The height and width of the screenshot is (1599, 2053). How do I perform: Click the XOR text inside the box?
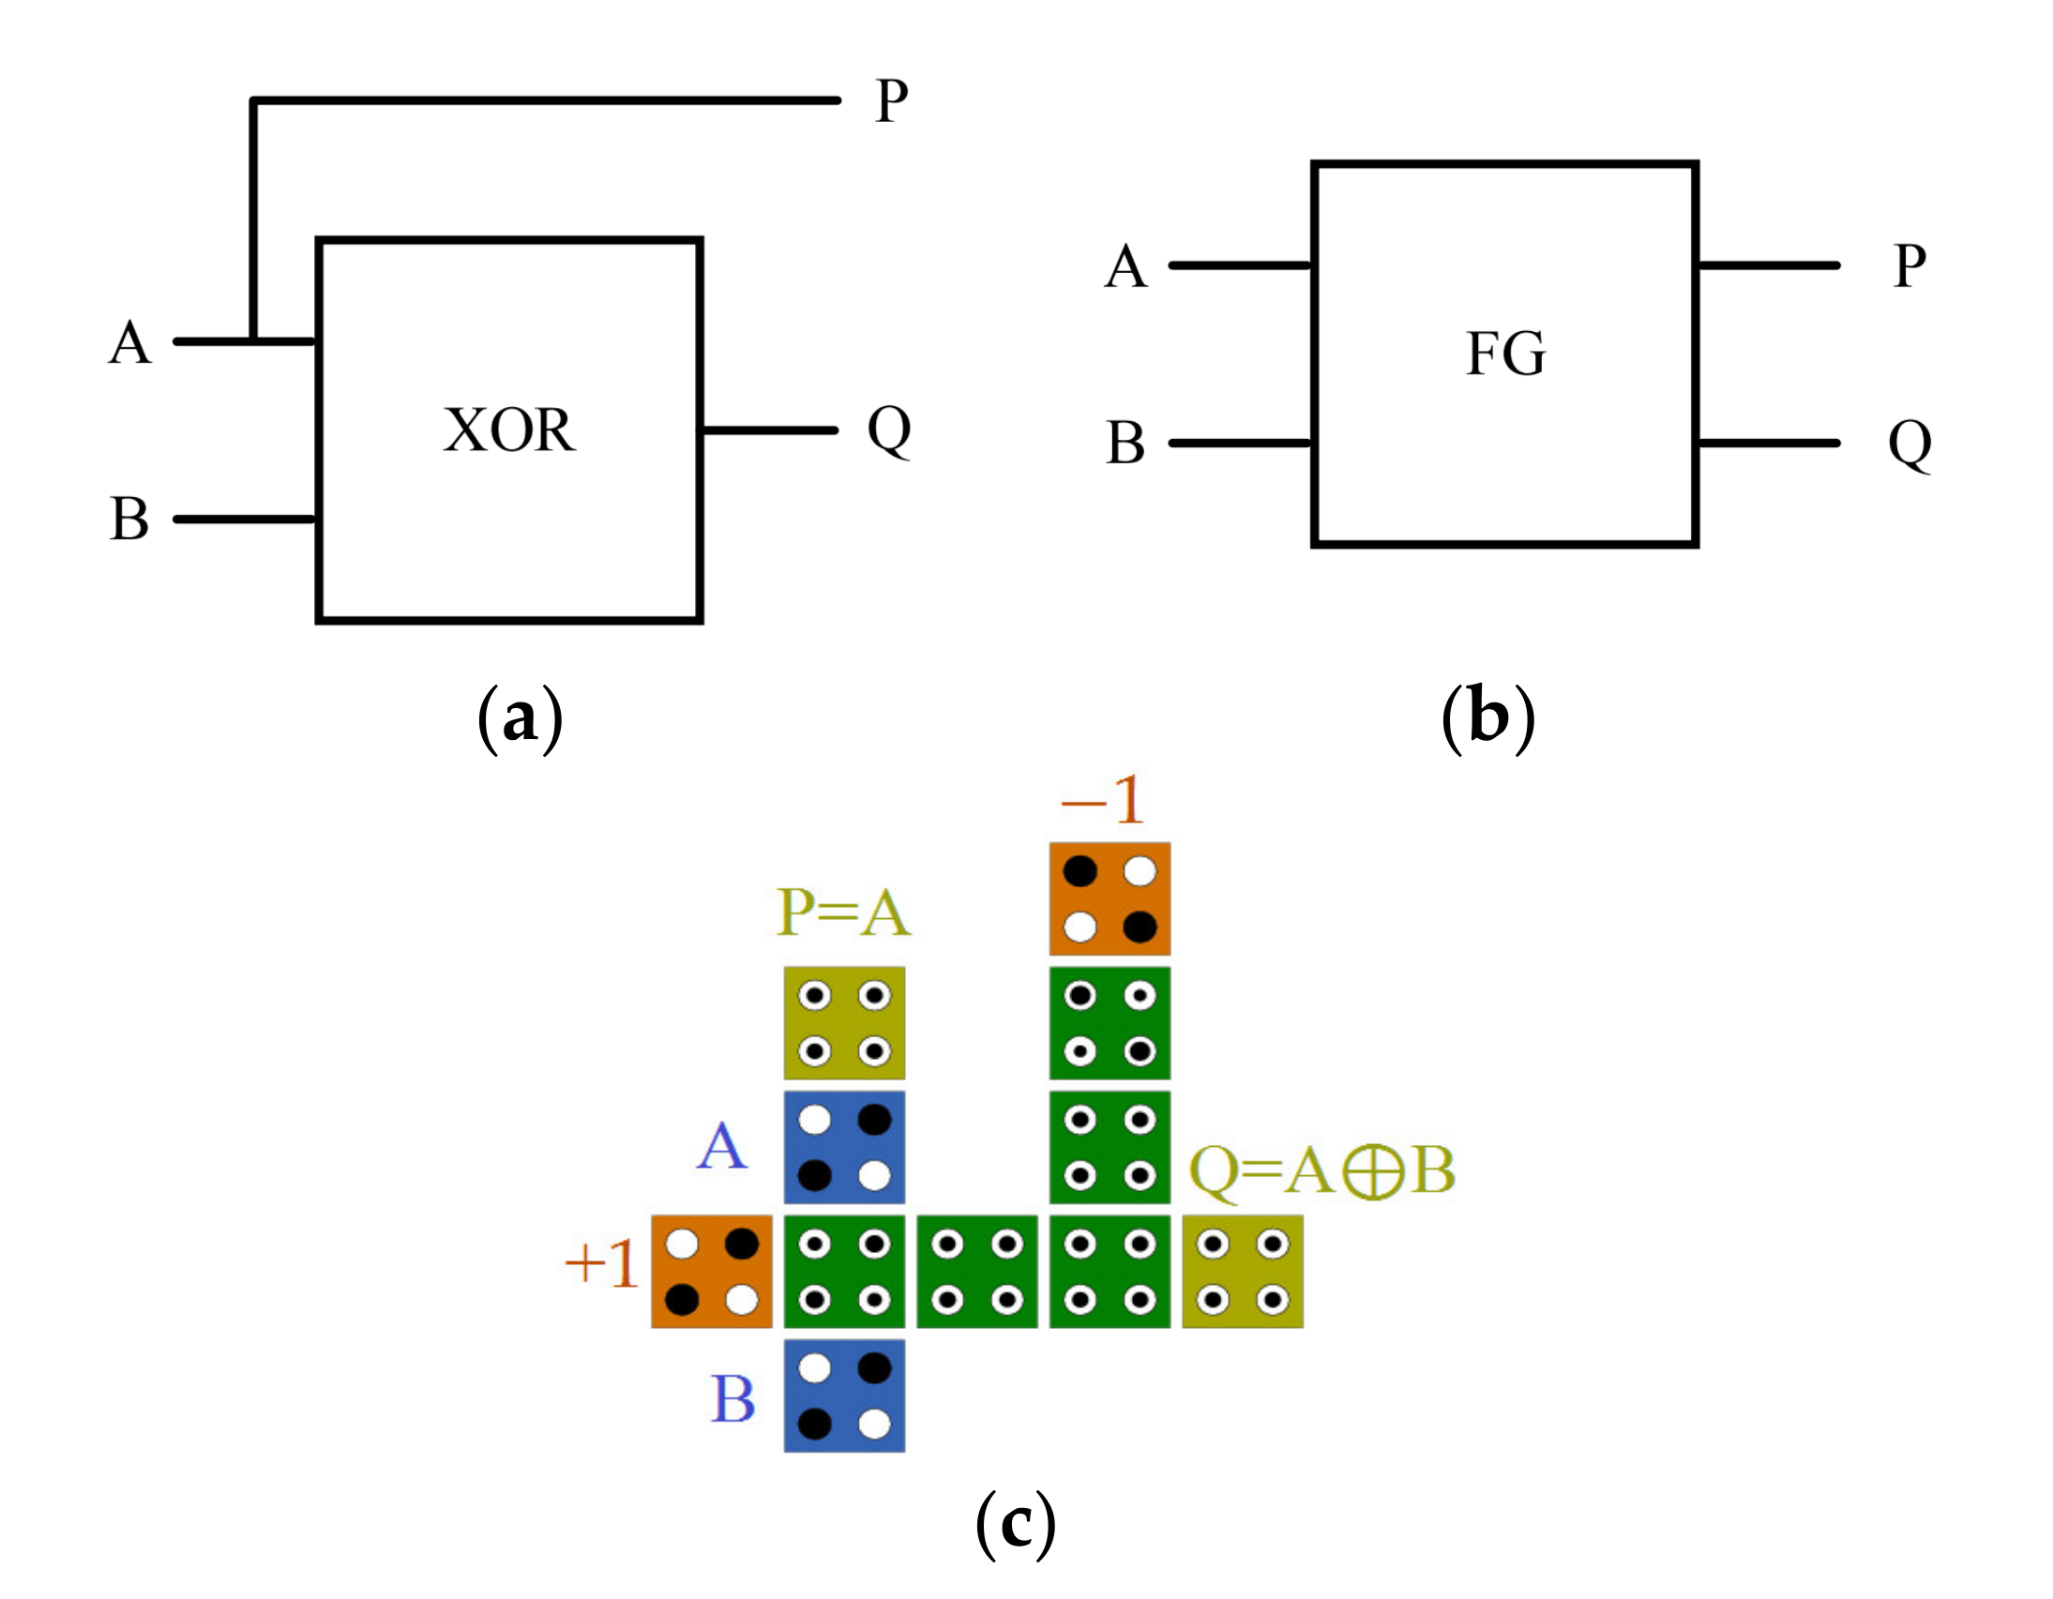(x=508, y=430)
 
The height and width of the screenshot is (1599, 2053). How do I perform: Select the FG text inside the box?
(x=1505, y=354)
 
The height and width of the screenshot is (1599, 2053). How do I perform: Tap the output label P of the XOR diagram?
(x=891, y=100)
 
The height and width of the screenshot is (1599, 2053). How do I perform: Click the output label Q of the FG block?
(x=1910, y=444)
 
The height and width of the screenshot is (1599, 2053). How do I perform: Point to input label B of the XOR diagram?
(x=128, y=519)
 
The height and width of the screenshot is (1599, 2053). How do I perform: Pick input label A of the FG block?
(x=1125, y=266)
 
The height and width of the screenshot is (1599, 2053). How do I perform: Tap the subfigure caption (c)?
(x=1015, y=1525)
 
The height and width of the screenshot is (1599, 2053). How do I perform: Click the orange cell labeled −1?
(x=1110, y=899)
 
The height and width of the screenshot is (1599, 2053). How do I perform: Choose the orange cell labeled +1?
(x=712, y=1272)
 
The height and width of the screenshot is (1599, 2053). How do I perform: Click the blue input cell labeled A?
(x=844, y=1147)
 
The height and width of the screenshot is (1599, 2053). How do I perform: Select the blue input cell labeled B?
(x=844, y=1395)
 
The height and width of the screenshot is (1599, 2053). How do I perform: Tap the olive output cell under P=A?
(x=844, y=1023)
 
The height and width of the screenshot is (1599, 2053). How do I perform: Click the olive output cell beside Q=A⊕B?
(x=1242, y=1272)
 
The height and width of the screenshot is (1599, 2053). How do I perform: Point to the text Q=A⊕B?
(x=1321, y=1171)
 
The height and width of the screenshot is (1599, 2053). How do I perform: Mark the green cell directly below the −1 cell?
(x=1110, y=1023)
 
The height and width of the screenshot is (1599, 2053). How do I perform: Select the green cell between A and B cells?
(x=844, y=1272)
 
